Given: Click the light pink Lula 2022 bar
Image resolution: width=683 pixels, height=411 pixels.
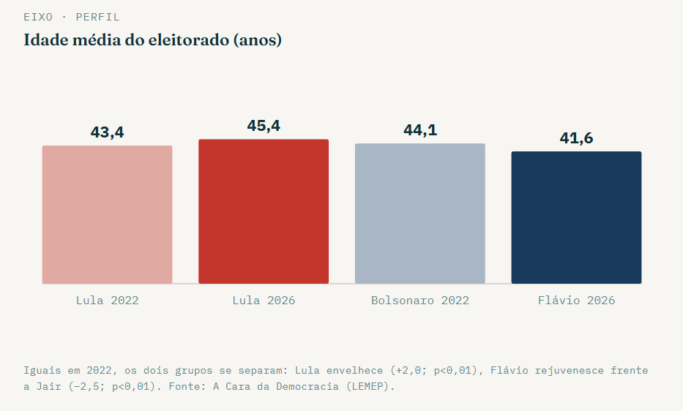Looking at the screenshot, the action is (x=107, y=215).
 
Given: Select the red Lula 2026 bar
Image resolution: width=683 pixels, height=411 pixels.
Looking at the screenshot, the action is (x=264, y=211).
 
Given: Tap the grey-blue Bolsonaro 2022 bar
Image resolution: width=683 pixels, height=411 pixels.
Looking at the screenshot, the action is (x=420, y=214).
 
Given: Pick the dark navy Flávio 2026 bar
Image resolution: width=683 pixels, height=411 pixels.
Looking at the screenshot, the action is (x=576, y=218).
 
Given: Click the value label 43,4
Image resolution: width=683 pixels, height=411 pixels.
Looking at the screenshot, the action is (x=107, y=132).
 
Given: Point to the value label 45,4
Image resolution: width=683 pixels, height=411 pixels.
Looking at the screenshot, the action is (x=264, y=126).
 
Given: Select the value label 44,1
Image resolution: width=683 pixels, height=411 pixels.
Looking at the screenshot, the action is (x=420, y=129).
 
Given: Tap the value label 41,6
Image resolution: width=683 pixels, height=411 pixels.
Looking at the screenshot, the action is (x=576, y=138).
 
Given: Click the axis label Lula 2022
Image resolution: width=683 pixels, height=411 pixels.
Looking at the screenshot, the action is (x=107, y=301).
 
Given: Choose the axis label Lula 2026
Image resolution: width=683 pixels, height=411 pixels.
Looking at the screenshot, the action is (x=264, y=301).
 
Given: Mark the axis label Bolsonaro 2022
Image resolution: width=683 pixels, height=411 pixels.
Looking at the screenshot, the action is (x=420, y=301).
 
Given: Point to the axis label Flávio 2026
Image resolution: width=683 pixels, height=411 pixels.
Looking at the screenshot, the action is (x=576, y=301).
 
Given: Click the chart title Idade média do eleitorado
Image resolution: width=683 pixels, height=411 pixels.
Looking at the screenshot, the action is (x=127, y=39).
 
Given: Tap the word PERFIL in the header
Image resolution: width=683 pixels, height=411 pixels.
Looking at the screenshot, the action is (x=97, y=17).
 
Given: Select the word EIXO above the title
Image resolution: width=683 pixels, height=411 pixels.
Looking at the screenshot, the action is (x=38, y=17).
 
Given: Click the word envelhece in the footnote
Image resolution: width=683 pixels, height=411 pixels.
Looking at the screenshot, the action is (x=354, y=371).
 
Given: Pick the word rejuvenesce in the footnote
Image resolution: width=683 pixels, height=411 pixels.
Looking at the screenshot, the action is (x=570, y=371).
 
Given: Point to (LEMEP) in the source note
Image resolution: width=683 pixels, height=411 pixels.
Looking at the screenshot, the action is (x=370, y=387).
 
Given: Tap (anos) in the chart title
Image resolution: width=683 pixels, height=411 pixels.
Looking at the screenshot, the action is (x=258, y=40).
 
